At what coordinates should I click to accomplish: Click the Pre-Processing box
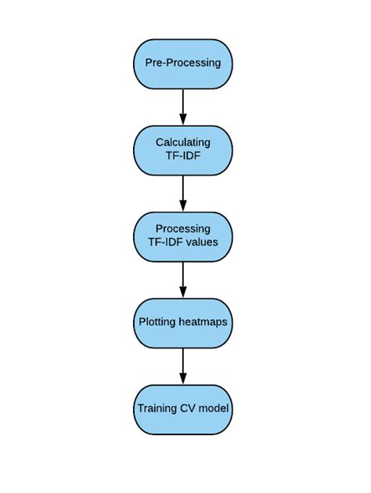tap(183, 63)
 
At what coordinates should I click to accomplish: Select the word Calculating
tap(183, 142)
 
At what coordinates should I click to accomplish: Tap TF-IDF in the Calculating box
tap(183, 155)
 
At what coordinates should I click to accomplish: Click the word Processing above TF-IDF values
tap(183, 229)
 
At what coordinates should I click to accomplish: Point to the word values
tap(201, 242)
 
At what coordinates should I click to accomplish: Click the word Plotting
tap(157, 322)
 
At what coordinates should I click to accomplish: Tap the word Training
tap(157, 408)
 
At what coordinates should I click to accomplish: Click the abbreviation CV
tap(188, 408)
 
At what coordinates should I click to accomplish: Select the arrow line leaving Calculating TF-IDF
tap(183, 188)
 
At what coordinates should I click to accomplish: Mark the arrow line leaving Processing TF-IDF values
tap(183, 274)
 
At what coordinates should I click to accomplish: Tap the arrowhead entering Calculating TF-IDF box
tap(183, 120)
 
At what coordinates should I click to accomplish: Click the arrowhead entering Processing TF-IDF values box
tap(183, 207)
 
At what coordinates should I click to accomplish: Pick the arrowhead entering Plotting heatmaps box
tap(183, 293)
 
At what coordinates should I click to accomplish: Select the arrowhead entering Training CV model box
tap(183, 380)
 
